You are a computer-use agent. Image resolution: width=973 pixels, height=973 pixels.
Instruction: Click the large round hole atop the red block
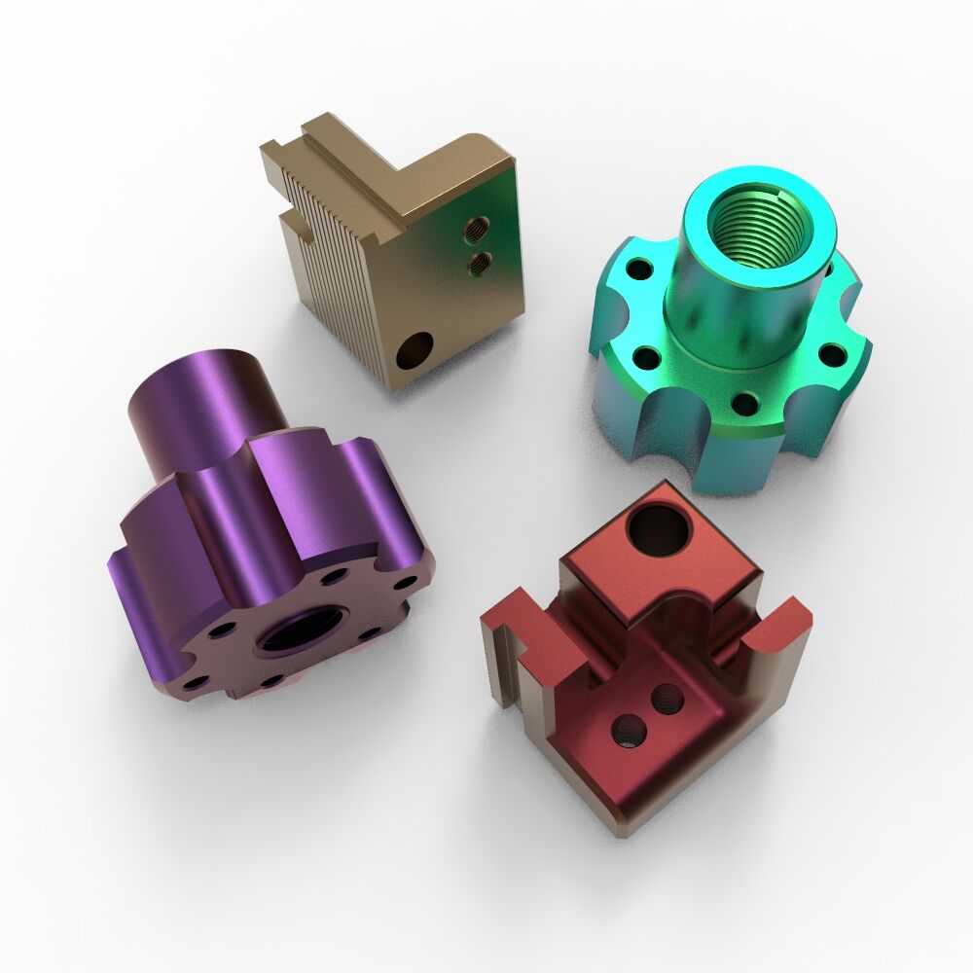pos(659,529)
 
